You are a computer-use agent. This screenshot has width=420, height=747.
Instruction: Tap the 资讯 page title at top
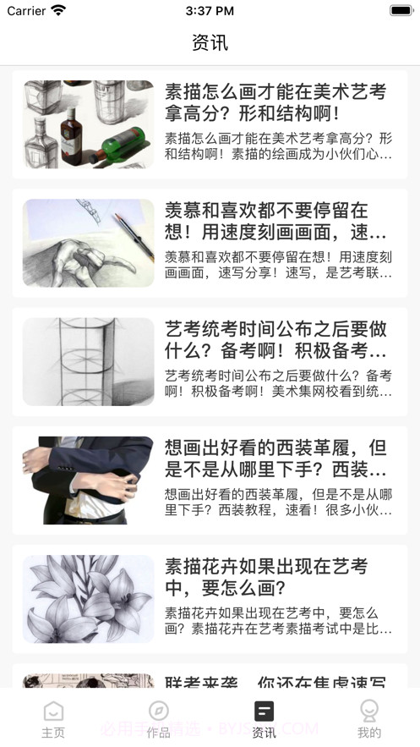[x=210, y=42]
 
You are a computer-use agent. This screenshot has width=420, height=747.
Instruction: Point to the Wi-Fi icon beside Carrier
[x=58, y=11]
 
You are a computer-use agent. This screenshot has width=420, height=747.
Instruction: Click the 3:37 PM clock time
[x=210, y=11]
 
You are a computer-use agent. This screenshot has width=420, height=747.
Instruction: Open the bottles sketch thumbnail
[x=88, y=124]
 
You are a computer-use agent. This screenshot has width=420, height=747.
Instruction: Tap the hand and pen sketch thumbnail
[x=88, y=243]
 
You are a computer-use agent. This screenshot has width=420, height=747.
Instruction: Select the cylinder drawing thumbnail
[x=88, y=361]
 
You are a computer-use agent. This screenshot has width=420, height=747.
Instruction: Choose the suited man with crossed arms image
[x=88, y=480]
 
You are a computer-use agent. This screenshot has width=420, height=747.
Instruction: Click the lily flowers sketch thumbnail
[x=88, y=598]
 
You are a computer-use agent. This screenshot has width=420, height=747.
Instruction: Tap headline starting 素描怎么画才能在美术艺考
[x=275, y=102]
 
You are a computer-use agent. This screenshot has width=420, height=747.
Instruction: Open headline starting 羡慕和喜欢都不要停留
[x=275, y=221]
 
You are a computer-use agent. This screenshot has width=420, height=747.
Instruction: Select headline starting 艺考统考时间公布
[x=275, y=339]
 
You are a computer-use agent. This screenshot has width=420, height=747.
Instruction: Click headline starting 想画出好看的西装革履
[x=275, y=458]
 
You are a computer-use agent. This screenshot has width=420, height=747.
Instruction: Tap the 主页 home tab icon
[x=53, y=711]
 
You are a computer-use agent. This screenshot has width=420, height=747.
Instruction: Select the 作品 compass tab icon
[x=158, y=711]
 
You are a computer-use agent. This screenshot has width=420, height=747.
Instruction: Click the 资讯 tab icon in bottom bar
[x=264, y=711]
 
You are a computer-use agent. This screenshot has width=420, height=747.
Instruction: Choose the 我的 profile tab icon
[x=368, y=711]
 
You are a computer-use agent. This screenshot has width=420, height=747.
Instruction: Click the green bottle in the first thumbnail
[x=124, y=144]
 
